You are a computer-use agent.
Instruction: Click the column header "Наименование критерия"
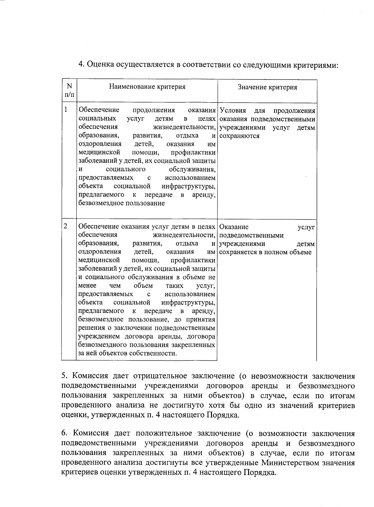147,87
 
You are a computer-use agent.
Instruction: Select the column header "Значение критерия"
267,87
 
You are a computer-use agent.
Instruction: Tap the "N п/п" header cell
70,90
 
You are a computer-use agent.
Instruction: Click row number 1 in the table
66,109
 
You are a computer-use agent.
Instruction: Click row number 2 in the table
66,226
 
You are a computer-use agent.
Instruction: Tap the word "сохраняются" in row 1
239,136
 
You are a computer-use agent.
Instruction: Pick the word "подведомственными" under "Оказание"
251,235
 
